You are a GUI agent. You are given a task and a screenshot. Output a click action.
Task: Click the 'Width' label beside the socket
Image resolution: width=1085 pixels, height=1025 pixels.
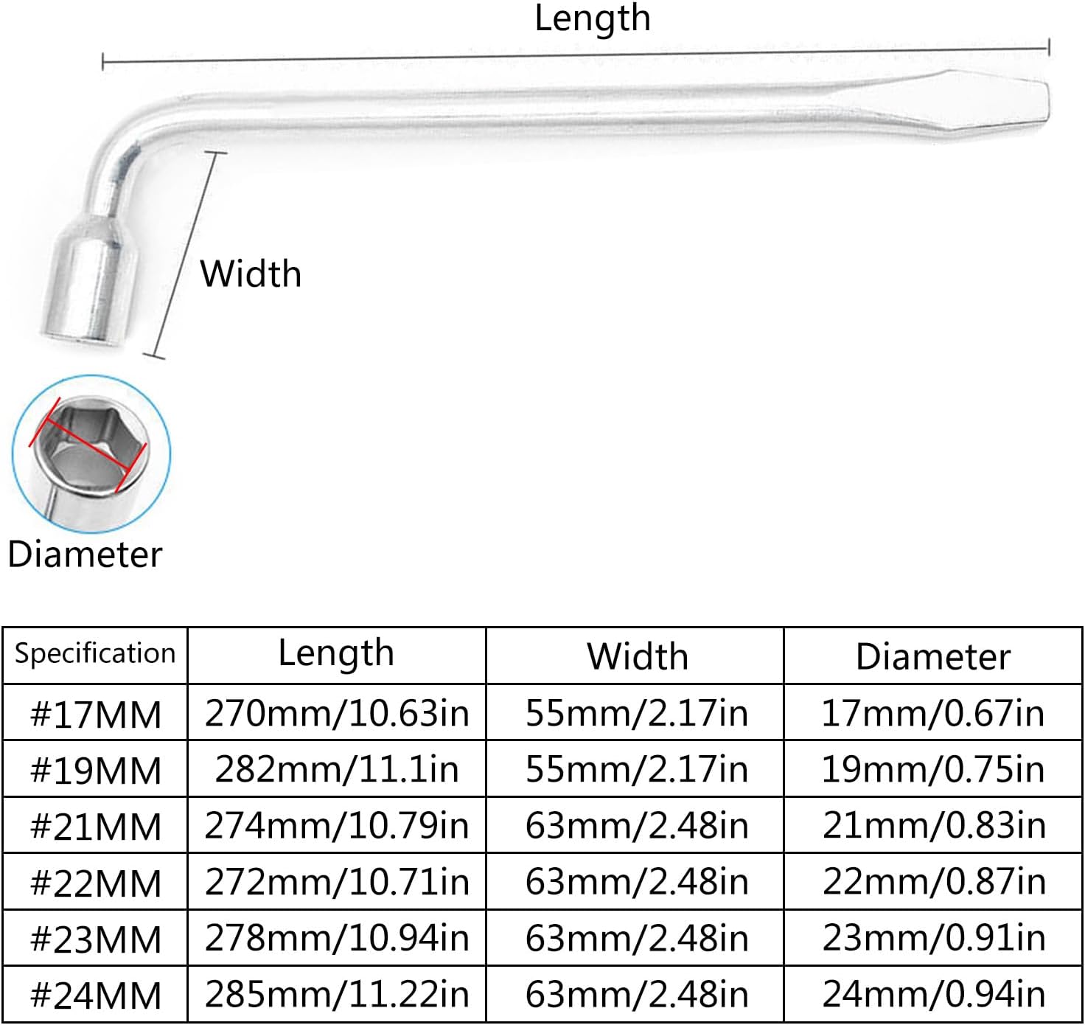[251, 274]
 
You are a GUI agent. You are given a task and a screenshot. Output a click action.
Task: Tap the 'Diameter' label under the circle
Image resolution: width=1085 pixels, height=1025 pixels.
[85, 555]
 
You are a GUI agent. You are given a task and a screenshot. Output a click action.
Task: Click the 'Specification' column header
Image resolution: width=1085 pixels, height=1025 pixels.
[95, 654]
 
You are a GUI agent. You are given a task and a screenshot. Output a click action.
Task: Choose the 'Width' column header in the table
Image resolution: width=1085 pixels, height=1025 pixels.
[637, 656]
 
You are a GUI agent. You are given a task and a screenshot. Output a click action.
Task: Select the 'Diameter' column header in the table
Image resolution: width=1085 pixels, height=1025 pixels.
[933, 656]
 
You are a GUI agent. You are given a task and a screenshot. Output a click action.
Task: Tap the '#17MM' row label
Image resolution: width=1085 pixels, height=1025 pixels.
[96, 714]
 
